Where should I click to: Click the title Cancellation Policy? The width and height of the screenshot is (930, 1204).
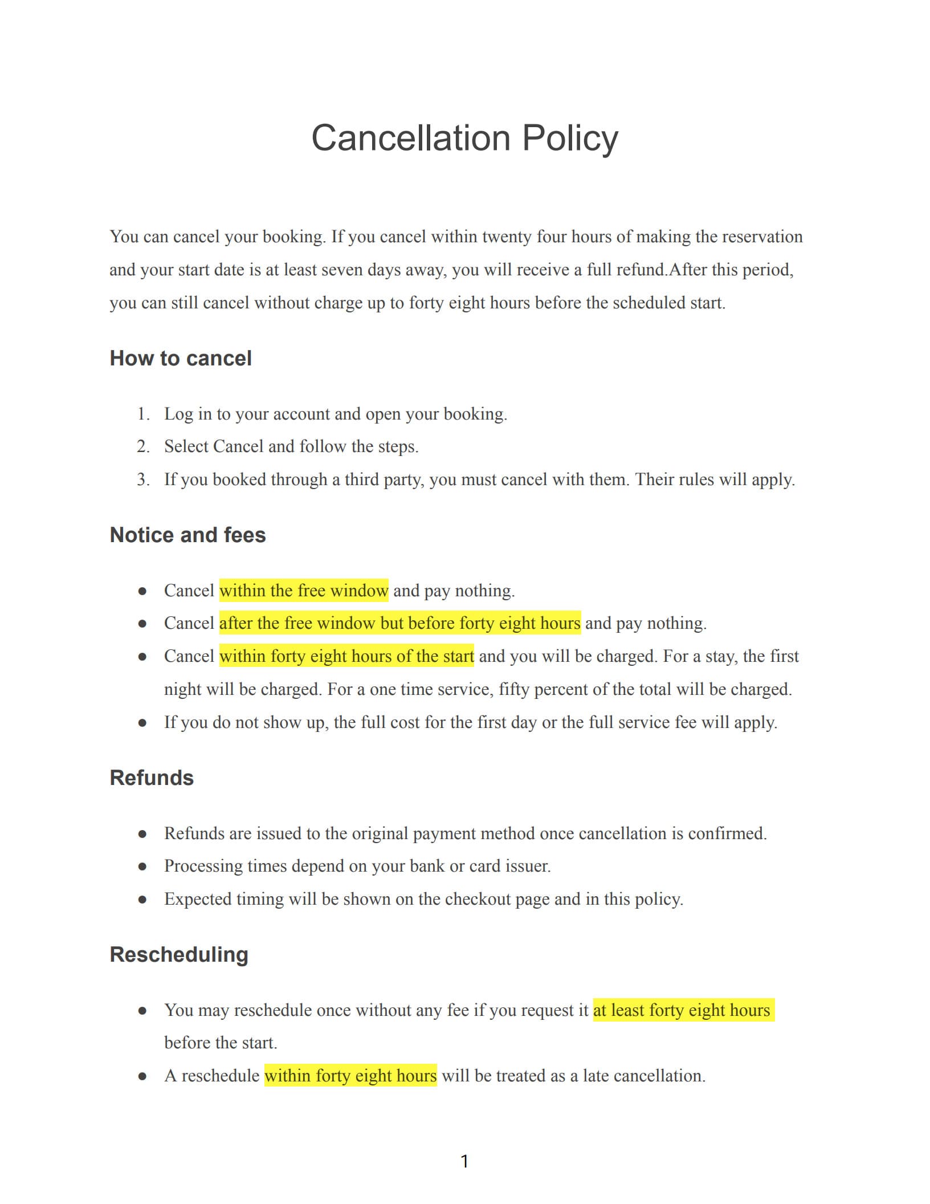point(464,139)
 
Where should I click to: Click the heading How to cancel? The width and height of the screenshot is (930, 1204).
point(181,359)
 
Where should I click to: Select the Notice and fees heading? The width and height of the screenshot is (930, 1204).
point(187,535)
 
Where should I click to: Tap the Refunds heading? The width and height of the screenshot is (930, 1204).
point(152,778)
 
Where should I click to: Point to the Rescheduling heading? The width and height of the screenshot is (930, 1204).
point(179,955)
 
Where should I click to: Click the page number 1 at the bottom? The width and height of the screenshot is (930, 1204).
point(464,1161)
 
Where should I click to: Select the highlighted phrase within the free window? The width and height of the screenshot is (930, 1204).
point(304,591)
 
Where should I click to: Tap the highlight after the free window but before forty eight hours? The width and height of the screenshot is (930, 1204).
point(399,623)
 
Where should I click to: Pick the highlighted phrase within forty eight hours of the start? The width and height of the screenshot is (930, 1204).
point(346,656)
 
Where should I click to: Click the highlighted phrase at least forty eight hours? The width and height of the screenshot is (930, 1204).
point(682,1010)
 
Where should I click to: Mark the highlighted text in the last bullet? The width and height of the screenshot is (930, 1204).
point(350,1076)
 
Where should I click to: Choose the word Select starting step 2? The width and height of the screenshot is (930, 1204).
point(186,446)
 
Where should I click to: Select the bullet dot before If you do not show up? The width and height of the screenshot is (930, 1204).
point(142,723)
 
